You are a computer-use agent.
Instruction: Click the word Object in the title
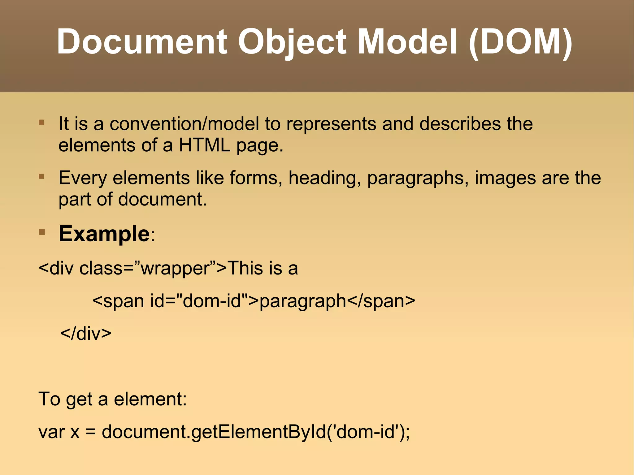(292, 42)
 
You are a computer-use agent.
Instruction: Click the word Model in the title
(407, 42)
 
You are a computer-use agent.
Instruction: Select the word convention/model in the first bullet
(184, 124)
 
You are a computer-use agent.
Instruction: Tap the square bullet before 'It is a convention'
(41, 123)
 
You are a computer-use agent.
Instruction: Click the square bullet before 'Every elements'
(41, 177)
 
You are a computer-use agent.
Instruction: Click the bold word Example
(104, 234)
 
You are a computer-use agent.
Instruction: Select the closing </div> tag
(86, 334)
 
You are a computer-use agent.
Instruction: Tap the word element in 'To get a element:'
(150, 399)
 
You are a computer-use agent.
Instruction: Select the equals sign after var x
(90, 432)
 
